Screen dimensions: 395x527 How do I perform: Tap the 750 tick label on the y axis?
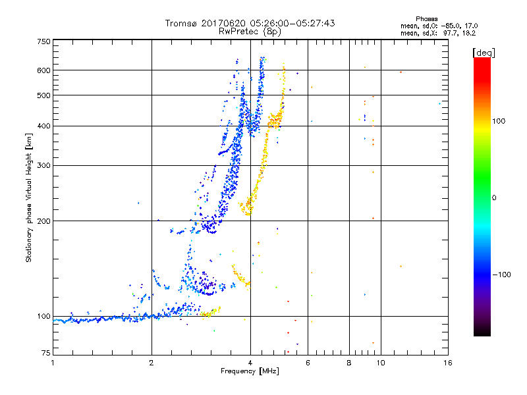[x=44, y=41]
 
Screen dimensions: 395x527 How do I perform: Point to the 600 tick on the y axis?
[x=44, y=70]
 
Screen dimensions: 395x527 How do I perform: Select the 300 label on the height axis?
[x=44, y=166]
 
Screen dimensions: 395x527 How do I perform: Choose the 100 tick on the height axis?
[x=44, y=317]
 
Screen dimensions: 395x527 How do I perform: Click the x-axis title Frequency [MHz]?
[x=250, y=372]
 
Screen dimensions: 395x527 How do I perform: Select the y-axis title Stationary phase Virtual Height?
[x=29, y=197]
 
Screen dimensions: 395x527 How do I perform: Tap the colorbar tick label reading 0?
[x=493, y=197]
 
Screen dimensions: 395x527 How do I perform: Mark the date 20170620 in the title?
[x=223, y=23]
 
